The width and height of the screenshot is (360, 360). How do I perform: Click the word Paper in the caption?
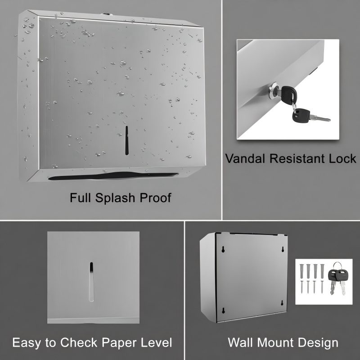(118, 343)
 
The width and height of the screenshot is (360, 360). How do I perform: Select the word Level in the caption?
(156, 343)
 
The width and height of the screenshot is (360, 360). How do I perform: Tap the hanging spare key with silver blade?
(310, 116)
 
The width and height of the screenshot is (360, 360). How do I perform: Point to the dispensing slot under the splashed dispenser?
(113, 176)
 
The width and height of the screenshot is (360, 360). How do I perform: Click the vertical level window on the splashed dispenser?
(126, 140)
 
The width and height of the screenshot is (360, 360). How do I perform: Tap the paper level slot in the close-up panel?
(91, 282)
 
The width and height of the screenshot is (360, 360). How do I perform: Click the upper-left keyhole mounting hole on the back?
(223, 250)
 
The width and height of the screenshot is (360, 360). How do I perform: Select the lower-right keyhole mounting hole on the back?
(282, 303)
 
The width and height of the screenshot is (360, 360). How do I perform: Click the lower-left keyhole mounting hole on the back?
(223, 310)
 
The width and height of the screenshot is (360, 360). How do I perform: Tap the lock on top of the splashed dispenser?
(106, 14)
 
